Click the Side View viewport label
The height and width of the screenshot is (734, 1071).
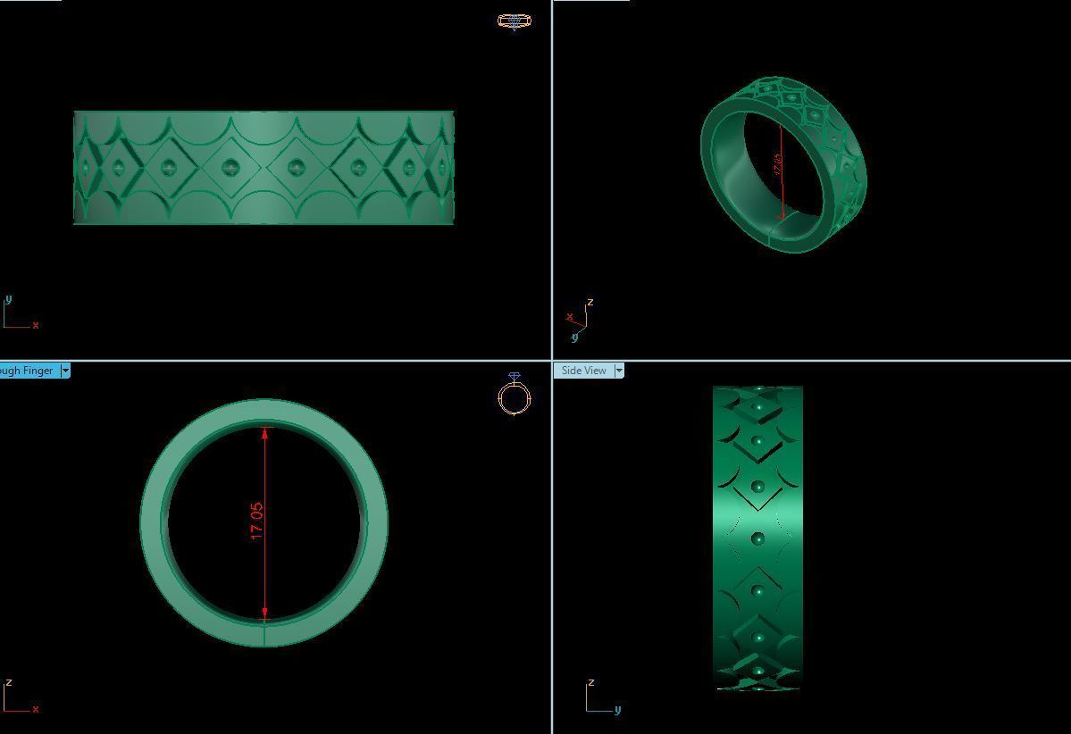coord(584,371)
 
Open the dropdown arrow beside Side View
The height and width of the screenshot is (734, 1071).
coord(620,371)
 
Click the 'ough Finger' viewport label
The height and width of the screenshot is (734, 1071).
coord(27,371)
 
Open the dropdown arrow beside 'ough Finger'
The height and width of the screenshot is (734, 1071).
coord(65,371)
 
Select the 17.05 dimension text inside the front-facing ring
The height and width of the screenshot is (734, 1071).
coord(257,521)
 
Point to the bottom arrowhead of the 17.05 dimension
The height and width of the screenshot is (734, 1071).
coord(265,613)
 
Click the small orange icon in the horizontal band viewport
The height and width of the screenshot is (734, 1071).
coord(515,21)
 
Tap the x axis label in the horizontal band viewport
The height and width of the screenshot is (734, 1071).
coord(36,325)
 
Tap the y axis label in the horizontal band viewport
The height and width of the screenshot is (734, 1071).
coord(8,299)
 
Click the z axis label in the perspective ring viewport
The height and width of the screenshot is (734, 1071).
coord(590,302)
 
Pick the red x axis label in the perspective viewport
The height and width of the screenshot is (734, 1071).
coord(569,316)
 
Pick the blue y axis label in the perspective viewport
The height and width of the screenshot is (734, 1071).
coord(574,337)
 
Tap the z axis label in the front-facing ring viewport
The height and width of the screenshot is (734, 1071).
coord(8,682)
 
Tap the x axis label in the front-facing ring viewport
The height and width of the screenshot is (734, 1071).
coord(36,709)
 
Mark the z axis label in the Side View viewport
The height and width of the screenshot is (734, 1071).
coord(590,682)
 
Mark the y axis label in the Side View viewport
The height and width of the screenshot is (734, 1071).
coord(617,710)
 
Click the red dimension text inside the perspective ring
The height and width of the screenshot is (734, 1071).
coord(777,165)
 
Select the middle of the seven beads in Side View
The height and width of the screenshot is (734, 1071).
coord(758,538)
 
